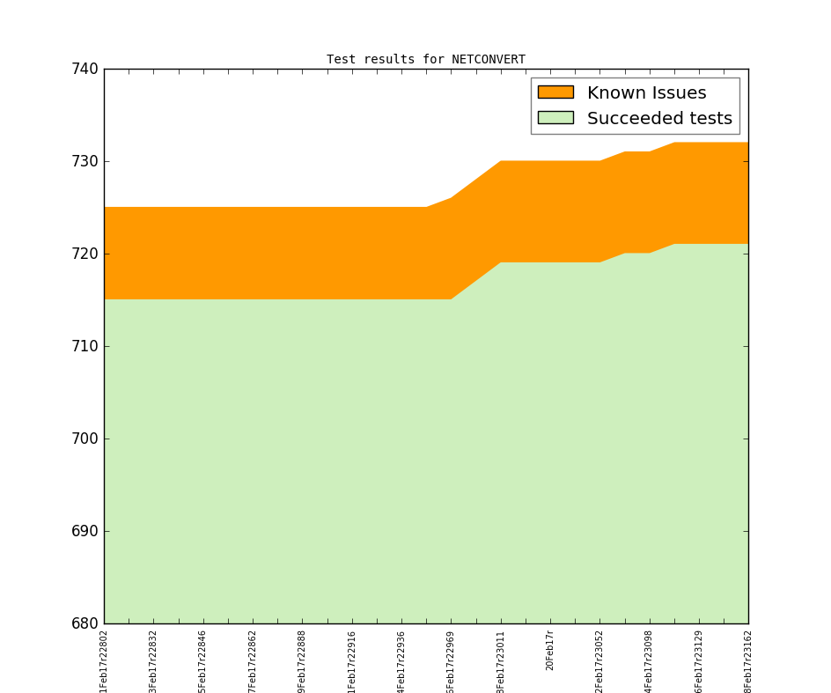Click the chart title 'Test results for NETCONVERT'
click(426, 60)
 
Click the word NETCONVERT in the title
click(489, 60)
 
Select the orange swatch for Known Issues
click(555, 92)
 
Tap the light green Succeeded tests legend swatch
click(555, 118)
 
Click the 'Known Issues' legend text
click(646, 92)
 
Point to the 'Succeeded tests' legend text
click(659, 118)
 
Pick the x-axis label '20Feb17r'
click(550, 650)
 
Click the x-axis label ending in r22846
click(203, 660)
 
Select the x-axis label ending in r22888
click(303, 660)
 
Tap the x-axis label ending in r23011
click(501, 660)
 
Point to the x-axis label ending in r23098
click(650, 660)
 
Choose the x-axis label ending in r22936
click(401, 660)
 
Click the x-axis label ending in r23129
click(699, 660)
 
